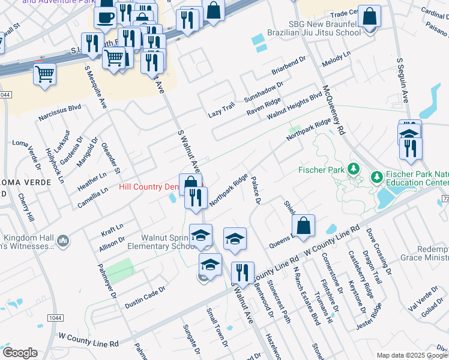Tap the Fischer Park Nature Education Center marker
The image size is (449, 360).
click(x=376, y=178)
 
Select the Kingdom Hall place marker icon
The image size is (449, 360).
click(x=64, y=241)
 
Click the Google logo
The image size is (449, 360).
click(x=20, y=353)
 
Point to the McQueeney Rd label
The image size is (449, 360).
click(x=334, y=109)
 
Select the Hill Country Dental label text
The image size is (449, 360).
click(x=150, y=187)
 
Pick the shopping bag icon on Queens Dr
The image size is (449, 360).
click(x=304, y=226)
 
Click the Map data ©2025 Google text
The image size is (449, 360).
click(x=412, y=355)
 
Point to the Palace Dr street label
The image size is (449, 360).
click(x=255, y=190)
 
